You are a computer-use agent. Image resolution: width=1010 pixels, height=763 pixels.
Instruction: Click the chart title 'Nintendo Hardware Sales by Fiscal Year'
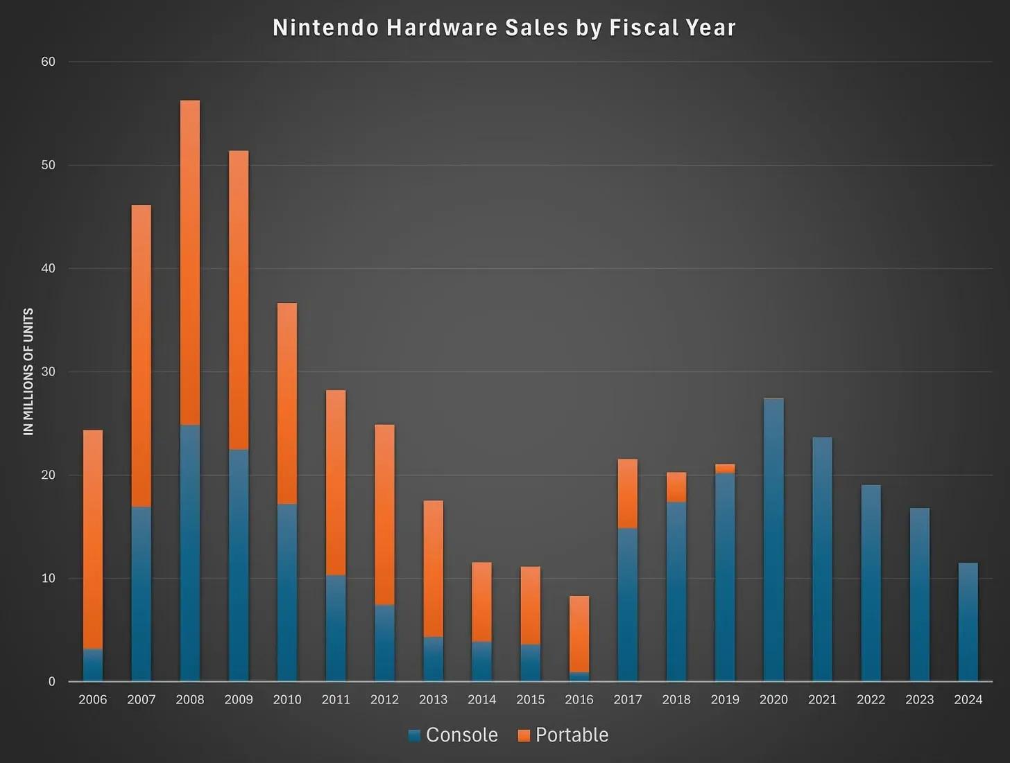[x=504, y=28]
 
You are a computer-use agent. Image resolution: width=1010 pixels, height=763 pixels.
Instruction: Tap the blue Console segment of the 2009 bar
[x=239, y=565]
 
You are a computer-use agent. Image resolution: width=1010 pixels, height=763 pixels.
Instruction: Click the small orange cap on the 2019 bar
[x=725, y=469]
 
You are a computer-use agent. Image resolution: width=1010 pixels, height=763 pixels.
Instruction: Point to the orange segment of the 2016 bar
[x=579, y=633]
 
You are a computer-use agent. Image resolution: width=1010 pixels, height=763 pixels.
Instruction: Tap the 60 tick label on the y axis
[x=48, y=62]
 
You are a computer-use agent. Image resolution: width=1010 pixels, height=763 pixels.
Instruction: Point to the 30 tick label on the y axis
[x=48, y=371]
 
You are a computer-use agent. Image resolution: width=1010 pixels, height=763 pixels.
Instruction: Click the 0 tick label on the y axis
[x=51, y=681]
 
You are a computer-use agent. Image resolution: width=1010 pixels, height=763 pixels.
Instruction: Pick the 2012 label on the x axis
[x=384, y=699]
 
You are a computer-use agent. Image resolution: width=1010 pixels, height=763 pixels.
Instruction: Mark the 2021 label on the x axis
[x=822, y=699]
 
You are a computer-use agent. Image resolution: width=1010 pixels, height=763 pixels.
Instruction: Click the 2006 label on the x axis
[x=93, y=699]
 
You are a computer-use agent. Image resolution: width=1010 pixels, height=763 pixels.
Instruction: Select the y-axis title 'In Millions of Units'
[x=28, y=371]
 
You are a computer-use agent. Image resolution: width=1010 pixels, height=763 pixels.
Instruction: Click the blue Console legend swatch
[x=415, y=735]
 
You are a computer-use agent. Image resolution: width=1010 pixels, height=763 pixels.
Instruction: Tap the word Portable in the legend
[x=572, y=735]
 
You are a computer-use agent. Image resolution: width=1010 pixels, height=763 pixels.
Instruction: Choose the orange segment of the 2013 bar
[x=433, y=568]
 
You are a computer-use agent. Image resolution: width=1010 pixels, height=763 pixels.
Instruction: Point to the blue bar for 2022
[x=871, y=582]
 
